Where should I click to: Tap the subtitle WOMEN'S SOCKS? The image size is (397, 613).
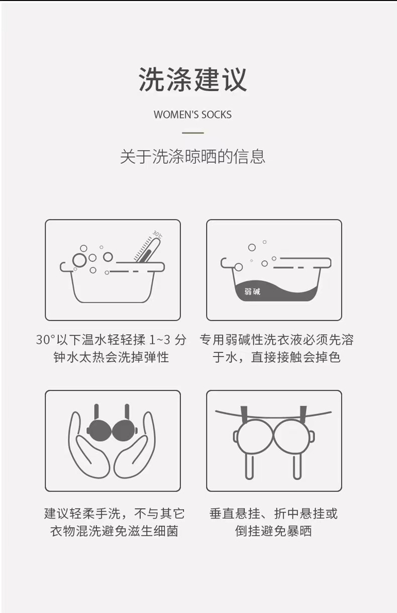tap(193, 114)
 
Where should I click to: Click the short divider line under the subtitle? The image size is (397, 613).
tap(193, 133)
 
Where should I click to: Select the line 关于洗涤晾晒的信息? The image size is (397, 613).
tap(193, 157)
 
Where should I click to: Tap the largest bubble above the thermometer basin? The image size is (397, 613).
tap(79, 260)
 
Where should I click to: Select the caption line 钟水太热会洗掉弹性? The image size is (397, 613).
tap(112, 357)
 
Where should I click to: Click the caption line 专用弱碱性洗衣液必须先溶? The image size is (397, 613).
tap(276, 340)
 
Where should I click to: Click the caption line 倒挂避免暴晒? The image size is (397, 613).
tap(274, 531)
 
